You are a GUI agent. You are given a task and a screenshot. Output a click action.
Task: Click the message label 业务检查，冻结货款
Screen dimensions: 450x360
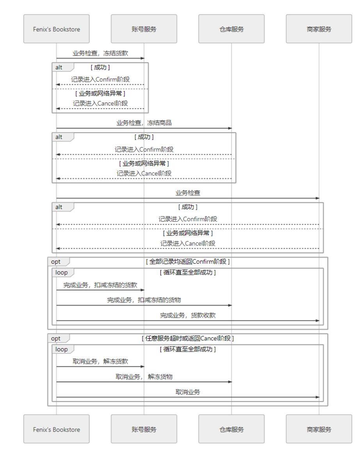click(100, 53)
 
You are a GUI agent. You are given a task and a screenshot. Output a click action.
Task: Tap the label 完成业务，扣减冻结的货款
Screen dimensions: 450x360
click(100, 285)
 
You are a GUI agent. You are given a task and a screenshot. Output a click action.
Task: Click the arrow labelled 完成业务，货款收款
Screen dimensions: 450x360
click(187, 321)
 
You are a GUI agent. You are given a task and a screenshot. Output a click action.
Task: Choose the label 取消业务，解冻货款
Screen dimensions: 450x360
click(100, 361)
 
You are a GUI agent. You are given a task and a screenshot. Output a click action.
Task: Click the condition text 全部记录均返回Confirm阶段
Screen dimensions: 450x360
click(187, 262)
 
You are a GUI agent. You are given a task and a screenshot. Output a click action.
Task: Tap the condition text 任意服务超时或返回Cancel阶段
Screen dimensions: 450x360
click(187, 338)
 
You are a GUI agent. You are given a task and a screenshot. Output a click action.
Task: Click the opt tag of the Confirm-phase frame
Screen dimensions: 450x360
click(56, 262)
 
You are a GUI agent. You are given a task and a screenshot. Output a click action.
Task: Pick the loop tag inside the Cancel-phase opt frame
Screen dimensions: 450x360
click(61, 349)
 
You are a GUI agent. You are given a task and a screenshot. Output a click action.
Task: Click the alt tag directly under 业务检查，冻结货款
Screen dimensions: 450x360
click(59, 67)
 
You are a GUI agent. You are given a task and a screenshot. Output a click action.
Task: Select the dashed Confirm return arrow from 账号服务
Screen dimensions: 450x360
click(100, 84)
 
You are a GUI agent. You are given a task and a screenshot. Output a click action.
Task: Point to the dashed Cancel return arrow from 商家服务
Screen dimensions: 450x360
click(187, 248)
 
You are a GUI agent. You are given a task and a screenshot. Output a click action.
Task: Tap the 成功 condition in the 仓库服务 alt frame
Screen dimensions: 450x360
click(144, 137)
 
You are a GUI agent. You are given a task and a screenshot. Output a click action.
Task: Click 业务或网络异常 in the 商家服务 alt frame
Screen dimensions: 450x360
click(187, 233)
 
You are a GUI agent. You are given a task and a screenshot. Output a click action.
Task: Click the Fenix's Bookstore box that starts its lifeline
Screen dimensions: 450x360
click(56, 29)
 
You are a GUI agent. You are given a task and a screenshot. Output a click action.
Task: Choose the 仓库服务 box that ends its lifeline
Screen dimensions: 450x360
click(231, 429)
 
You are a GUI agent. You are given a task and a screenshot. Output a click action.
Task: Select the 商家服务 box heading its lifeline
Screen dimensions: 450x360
click(319, 29)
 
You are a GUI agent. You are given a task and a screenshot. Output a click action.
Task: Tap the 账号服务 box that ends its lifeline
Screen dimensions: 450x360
click(144, 429)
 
